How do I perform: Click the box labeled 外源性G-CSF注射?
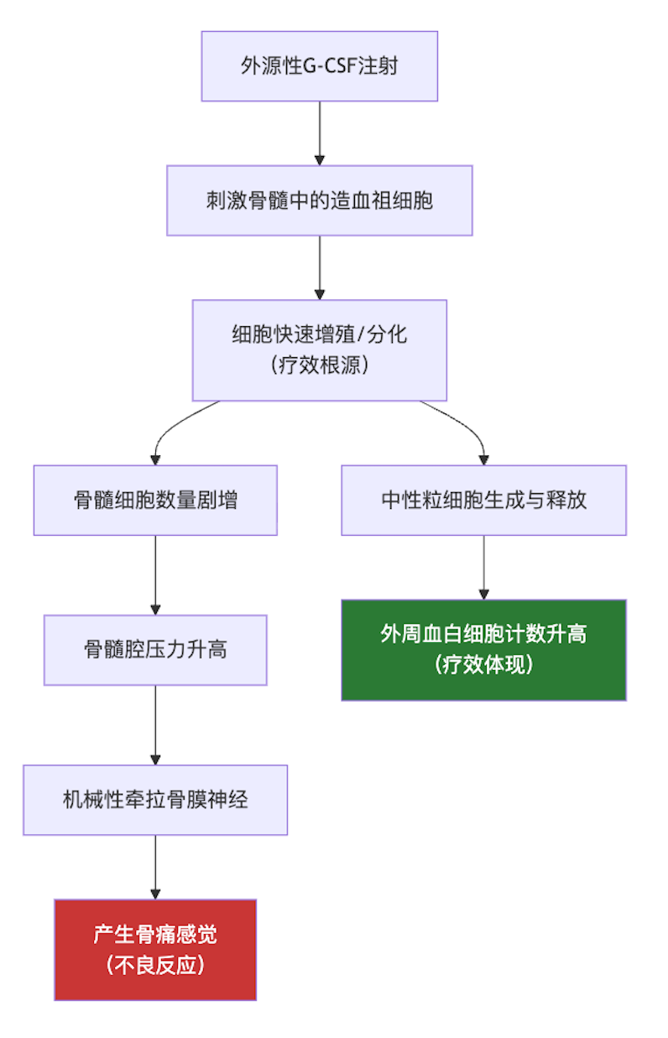[x=319, y=66]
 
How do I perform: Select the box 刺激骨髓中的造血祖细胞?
[x=319, y=200]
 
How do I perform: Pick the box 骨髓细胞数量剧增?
[x=155, y=501]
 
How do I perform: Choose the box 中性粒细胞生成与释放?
[x=483, y=501]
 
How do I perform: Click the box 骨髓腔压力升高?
[x=155, y=650]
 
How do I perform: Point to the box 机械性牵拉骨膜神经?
[x=155, y=800]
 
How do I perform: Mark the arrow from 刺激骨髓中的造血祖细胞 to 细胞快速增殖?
[x=319, y=267]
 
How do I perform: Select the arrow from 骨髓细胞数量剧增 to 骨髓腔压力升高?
[x=155, y=575]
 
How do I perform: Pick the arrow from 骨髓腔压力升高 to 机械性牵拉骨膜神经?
[x=155, y=725]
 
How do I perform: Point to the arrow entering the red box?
[x=155, y=867]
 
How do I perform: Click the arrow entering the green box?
[x=483, y=567]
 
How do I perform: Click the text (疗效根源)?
[x=319, y=366]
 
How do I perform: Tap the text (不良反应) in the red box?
[x=155, y=965]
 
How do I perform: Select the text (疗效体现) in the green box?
[x=483, y=665]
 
